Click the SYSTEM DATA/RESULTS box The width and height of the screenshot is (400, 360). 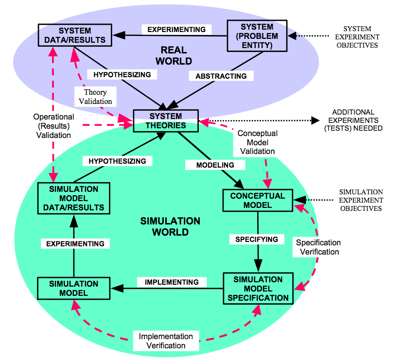coord(75,35)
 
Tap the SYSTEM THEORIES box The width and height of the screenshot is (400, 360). coord(166,121)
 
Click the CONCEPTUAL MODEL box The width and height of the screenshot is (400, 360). coord(258,200)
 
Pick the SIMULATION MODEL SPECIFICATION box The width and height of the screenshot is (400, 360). coord(258,289)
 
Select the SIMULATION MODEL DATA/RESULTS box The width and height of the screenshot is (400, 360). coord(74,198)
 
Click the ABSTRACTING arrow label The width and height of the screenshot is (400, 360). coord(221,76)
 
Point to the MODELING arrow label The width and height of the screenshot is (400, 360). coord(215,165)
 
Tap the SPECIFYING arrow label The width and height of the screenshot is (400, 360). coord(257,239)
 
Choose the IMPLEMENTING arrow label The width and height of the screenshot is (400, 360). coord(172,282)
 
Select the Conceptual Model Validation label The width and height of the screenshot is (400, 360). coord(257,142)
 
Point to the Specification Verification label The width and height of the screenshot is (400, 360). coord(318,247)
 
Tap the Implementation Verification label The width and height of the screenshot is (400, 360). coord(166,341)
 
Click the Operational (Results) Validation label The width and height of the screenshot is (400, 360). coord(53,126)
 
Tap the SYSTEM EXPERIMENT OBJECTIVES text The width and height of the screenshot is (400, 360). coord(357,37)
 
